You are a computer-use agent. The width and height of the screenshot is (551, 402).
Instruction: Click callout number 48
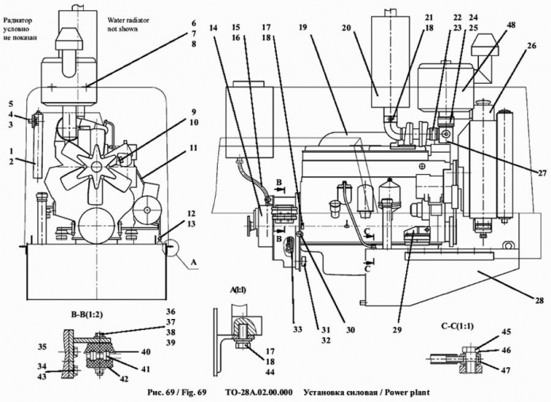click(x=511, y=25)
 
